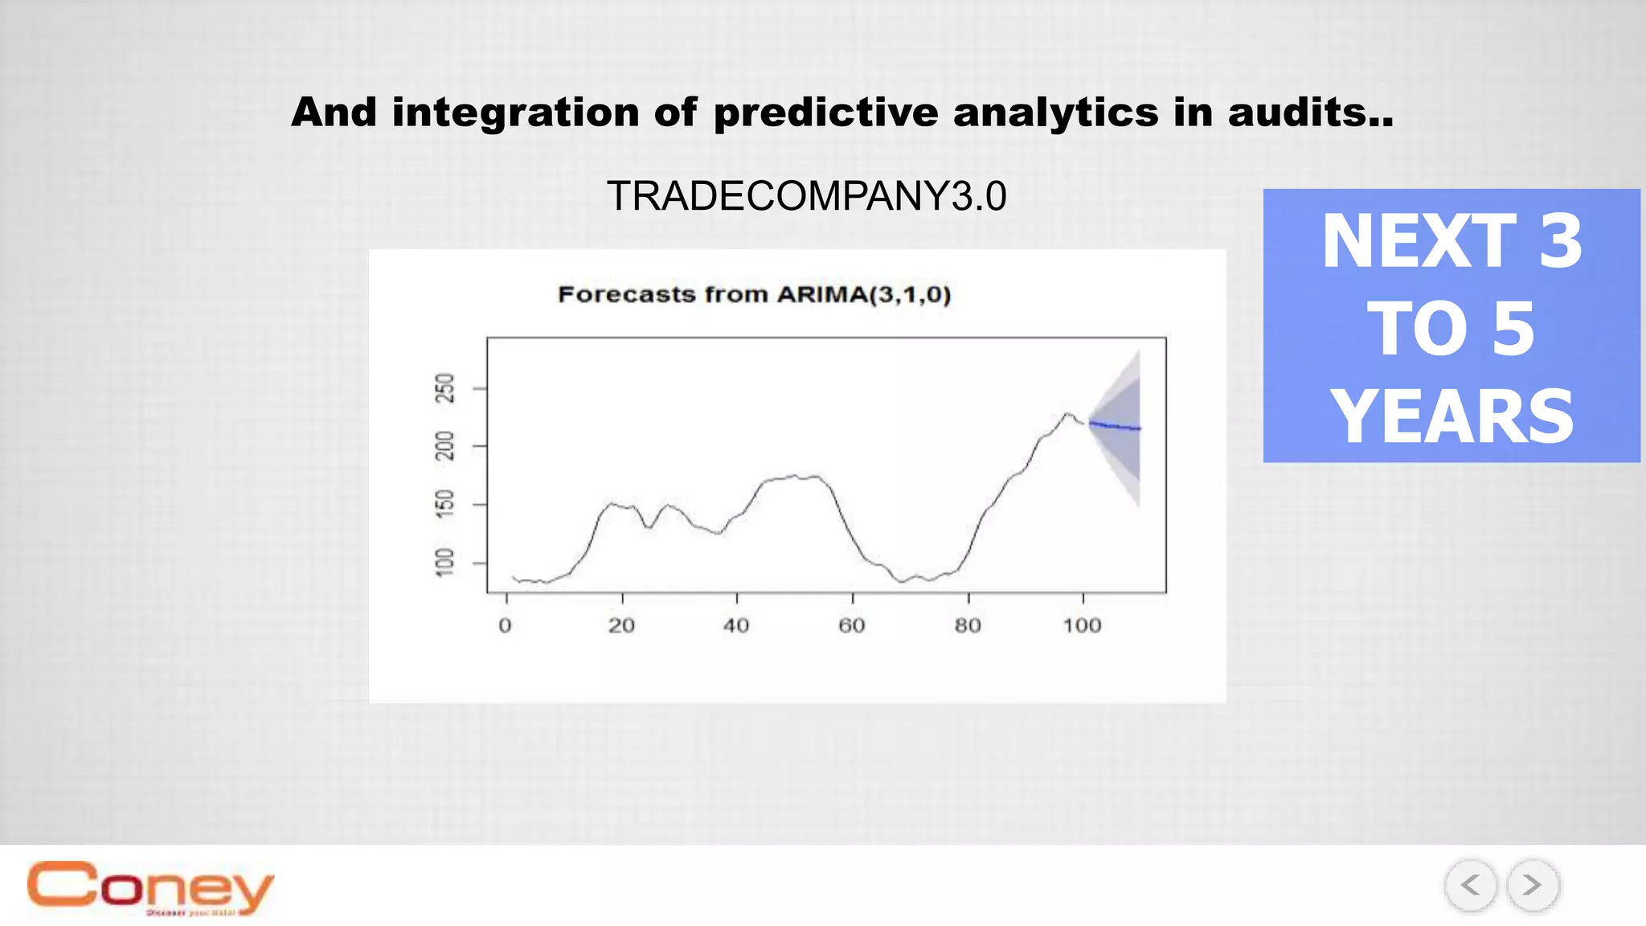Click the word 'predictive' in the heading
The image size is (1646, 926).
pyautogui.click(x=825, y=113)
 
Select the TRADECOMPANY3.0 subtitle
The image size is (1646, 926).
pyautogui.click(x=806, y=196)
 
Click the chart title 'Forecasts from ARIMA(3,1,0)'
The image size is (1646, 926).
pyautogui.click(x=754, y=294)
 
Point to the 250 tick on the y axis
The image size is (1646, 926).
pyautogui.click(x=444, y=388)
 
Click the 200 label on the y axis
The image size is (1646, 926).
pyautogui.click(x=444, y=446)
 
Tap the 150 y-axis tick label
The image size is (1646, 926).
pyautogui.click(x=444, y=504)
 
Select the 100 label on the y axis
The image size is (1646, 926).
pyautogui.click(x=444, y=563)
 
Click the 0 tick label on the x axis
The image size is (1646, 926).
pyautogui.click(x=505, y=625)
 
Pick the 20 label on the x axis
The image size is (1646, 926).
pyautogui.click(x=621, y=625)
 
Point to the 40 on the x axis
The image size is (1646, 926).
pyautogui.click(x=736, y=625)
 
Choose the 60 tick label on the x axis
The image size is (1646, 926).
pyautogui.click(x=852, y=625)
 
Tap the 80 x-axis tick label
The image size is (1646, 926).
pyautogui.click(x=968, y=625)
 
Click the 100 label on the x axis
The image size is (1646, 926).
pyautogui.click(x=1082, y=625)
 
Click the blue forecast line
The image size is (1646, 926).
pyautogui.click(x=1116, y=426)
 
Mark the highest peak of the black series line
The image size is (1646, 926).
pyautogui.click(x=1067, y=413)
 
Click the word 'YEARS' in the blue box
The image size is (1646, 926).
pyautogui.click(x=1452, y=416)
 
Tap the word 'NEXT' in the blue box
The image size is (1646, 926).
pyautogui.click(x=1419, y=241)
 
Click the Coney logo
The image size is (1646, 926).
pyautogui.click(x=150, y=887)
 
